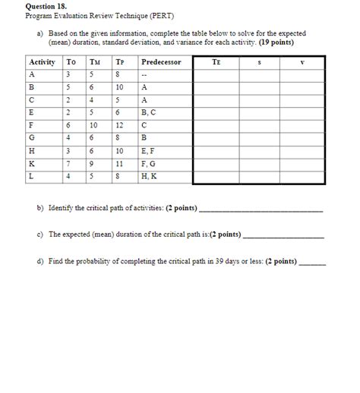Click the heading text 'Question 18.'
45,5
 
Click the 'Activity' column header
41,61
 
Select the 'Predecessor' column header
161,61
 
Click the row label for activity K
31,164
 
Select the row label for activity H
31,151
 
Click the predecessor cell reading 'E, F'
149,151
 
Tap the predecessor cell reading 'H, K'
150,177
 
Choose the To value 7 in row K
70,164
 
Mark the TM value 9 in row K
93,164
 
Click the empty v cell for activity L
302,177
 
